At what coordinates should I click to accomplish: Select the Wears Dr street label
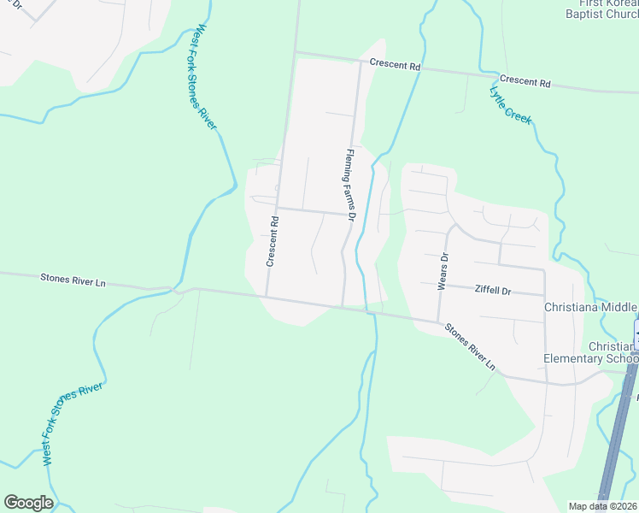coord(443,271)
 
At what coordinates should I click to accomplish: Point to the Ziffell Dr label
coord(492,291)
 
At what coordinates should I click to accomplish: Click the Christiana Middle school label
coord(591,308)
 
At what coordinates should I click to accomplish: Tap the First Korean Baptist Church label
coord(601,8)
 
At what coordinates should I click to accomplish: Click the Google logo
coord(28,503)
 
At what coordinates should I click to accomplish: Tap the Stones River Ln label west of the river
coord(72,279)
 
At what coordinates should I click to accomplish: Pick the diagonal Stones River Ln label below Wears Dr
coord(469,345)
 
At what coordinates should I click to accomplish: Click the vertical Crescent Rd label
coord(273,241)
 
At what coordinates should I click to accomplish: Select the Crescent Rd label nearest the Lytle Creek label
coord(525,83)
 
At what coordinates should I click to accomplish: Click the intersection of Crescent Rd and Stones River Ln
coord(267,297)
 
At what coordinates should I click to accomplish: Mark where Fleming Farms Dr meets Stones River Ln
coord(344,305)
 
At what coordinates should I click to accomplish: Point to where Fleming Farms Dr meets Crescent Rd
coord(358,60)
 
